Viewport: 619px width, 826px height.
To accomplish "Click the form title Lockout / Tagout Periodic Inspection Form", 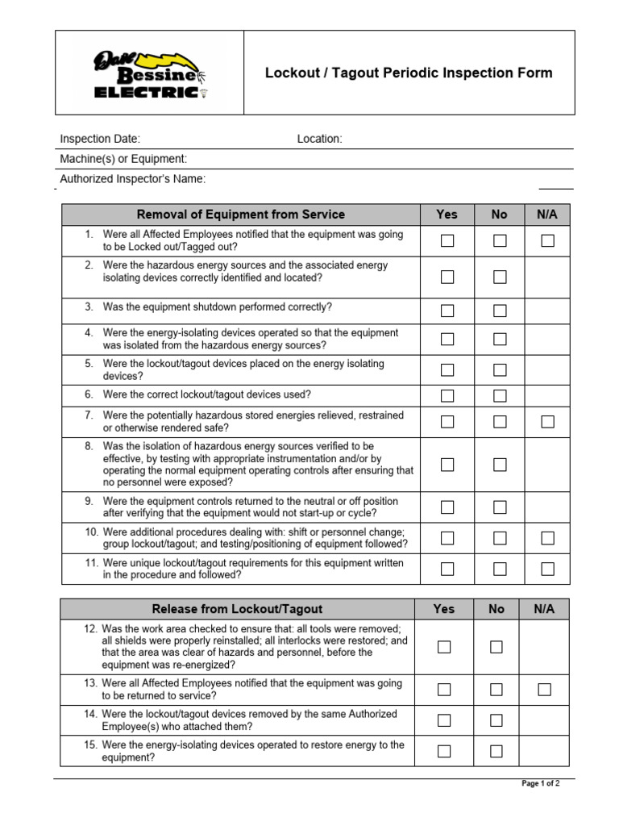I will (x=409, y=73).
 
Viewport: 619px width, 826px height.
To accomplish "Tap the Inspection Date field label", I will (x=100, y=139).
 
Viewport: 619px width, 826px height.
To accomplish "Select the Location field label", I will (x=319, y=139).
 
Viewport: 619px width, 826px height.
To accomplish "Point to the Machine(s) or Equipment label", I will (x=123, y=159).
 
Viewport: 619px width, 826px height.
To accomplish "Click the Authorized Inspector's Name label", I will (x=133, y=179).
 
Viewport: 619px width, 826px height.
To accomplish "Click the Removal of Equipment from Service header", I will (x=240, y=215).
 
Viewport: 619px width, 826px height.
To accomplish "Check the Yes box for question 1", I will (x=447, y=240).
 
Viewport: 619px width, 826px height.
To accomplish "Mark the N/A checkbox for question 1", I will (x=548, y=240).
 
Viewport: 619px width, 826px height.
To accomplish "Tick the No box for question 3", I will (x=500, y=311).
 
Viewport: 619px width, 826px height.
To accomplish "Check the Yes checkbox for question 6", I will (x=447, y=395).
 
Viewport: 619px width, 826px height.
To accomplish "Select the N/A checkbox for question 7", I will (x=548, y=421).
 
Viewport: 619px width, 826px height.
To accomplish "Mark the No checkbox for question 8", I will (x=500, y=464).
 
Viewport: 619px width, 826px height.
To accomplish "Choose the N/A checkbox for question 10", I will (x=548, y=538).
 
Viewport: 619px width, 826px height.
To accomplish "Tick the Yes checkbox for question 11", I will (x=447, y=569).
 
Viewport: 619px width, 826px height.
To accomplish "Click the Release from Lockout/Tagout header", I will (x=237, y=609).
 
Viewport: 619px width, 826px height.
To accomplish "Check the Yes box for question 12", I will (x=444, y=646).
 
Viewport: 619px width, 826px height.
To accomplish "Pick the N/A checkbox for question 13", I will (x=545, y=689).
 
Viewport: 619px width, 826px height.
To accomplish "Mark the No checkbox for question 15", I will (x=496, y=751).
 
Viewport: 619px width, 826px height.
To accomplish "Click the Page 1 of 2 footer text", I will (x=541, y=783).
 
